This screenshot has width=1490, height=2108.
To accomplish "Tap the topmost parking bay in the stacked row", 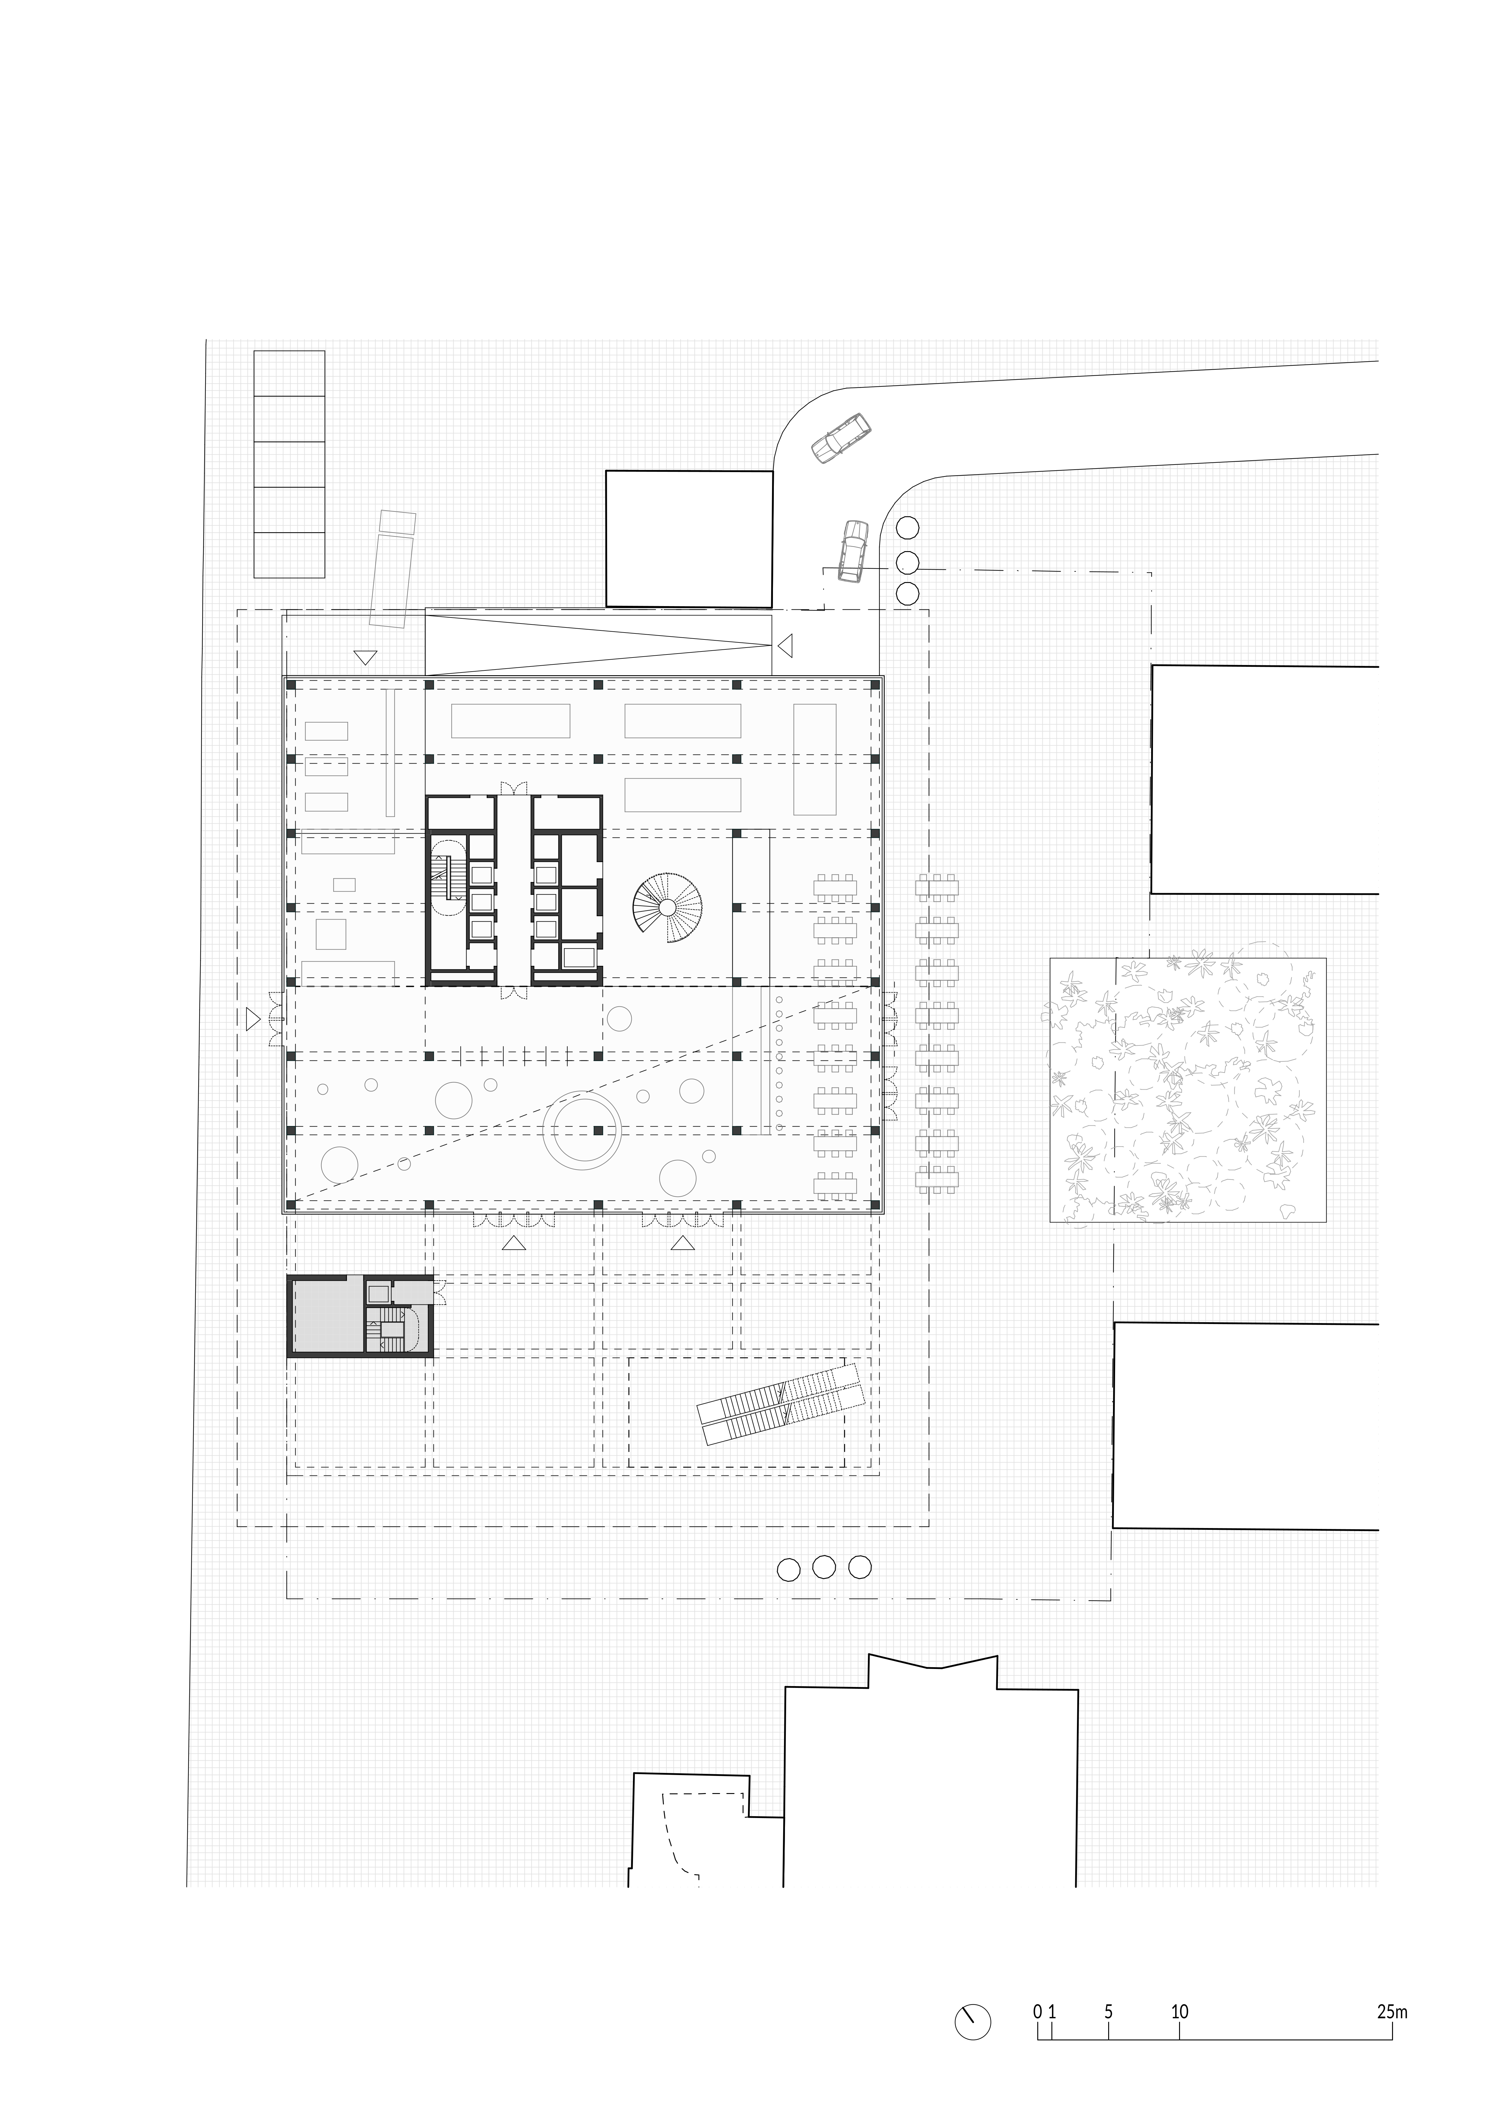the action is (x=289, y=374).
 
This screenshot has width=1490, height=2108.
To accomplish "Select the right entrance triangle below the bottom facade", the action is (x=682, y=1243).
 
